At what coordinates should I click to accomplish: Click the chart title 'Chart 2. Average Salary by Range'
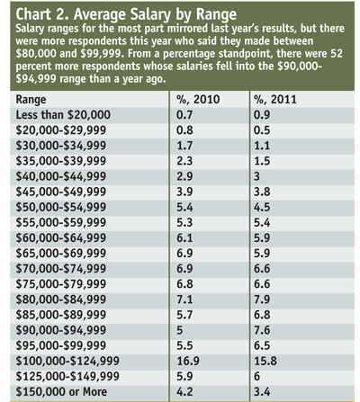pyautogui.click(x=126, y=14)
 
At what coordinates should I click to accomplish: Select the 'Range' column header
pyautogui.click(x=31, y=100)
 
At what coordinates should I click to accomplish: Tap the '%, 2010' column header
pyautogui.click(x=198, y=100)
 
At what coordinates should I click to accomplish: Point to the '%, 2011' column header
pyautogui.click(x=275, y=100)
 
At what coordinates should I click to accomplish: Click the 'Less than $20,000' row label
pyautogui.click(x=63, y=115)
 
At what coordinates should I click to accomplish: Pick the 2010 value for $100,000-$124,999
pyautogui.click(x=188, y=361)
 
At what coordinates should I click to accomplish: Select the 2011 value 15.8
pyautogui.click(x=265, y=361)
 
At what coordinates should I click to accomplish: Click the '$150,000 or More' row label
pyautogui.click(x=61, y=391)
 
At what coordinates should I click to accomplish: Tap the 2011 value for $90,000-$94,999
pyautogui.click(x=262, y=330)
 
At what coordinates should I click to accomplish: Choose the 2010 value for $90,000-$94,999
pyautogui.click(x=179, y=330)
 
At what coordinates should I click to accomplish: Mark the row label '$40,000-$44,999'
pyautogui.click(x=61, y=176)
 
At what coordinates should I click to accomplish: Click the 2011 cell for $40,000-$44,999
pyautogui.click(x=256, y=176)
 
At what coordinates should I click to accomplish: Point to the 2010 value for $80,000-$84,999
pyautogui.click(x=184, y=299)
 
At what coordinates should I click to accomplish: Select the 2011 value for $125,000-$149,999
pyautogui.click(x=256, y=376)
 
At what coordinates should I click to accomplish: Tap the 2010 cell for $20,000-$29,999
pyautogui.click(x=184, y=130)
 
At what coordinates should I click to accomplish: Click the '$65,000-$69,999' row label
pyautogui.click(x=61, y=253)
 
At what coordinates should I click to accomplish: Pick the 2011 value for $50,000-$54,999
pyautogui.click(x=262, y=207)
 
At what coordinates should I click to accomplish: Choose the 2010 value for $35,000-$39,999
pyautogui.click(x=184, y=161)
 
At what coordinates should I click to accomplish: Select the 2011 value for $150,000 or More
pyautogui.click(x=262, y=391)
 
